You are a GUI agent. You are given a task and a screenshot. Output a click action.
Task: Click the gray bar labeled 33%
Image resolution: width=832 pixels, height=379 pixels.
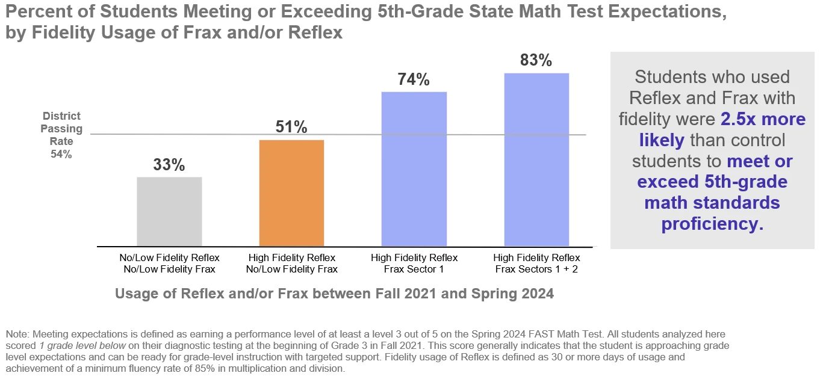[169, 212]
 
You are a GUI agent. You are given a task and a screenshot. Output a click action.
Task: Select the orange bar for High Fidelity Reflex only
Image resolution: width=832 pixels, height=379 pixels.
[291, 193]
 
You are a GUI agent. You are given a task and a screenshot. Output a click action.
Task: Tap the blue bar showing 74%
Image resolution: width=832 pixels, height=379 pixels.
[414, 169]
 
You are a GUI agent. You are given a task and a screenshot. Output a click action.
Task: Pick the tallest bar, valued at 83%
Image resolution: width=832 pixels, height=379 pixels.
[536, 159]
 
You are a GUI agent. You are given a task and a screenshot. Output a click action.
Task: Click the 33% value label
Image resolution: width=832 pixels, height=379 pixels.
[169, 165]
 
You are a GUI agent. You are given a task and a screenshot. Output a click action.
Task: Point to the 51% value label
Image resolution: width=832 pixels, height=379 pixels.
[291, 128]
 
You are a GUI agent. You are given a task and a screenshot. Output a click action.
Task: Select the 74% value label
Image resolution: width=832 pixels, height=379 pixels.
[414, 79]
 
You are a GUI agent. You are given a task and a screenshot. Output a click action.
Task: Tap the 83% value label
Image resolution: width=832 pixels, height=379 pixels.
[536, 60]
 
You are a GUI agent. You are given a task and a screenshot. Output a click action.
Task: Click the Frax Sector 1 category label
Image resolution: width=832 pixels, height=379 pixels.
[414, 263]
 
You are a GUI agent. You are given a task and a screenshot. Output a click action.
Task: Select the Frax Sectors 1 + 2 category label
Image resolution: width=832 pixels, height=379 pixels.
[536, 263]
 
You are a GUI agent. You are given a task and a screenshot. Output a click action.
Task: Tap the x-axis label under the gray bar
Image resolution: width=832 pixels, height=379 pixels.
[169, 263]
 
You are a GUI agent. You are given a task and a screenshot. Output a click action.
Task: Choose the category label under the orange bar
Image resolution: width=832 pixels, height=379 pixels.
[291, 263]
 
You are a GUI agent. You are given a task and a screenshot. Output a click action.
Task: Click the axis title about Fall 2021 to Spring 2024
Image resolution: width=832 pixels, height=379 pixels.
[334, 294]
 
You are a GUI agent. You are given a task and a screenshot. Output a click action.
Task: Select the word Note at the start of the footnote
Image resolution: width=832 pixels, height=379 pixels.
[16, 333]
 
